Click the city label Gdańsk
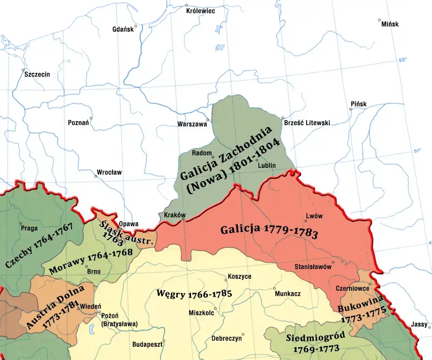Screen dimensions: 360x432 pyautogui.click(x=122, y=29)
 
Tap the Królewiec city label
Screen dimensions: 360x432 pyautogui.click(x=201, y=11)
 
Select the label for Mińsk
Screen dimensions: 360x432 pyautogui.click(x=390, y=24)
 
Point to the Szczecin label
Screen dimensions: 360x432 pyautogui.click(x=37, y=74)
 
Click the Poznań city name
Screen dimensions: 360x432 pyautogui.click(x=78, y=123)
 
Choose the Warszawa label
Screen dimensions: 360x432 pyautogui.click(x=192, y=124)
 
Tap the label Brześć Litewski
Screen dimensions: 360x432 pyautogui.click(x=307, y=123)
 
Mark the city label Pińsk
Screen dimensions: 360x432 pyautogui.click(x=358, y=104)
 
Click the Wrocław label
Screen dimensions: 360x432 pyautogui.click(x=109, y=173)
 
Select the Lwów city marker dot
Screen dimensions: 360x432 pyautogui.click(x=306, y=222)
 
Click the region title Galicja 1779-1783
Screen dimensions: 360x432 pyautogui.click(x=269, y=231)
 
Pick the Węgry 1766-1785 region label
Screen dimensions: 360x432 pyautogui.click(x=194, y=294)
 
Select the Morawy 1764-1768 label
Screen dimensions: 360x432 pyautogui.click(x=91, y=261)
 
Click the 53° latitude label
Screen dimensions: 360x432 pyautogui.click(x=403, y=60)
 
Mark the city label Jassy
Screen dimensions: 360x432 pyautogui.click(x=419, y=324)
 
